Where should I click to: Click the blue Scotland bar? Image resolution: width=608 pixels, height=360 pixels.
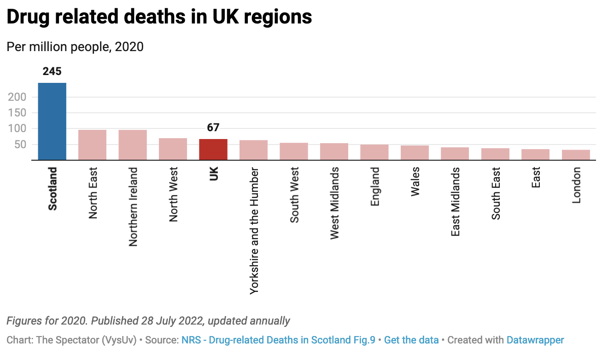point(52,122)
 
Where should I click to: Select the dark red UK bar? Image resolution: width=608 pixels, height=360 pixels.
point(213,150)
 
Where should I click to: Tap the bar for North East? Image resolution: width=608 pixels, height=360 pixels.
point(92,145)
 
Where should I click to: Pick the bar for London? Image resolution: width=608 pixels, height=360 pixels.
point(576,155)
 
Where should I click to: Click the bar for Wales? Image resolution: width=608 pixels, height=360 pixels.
point(415,153)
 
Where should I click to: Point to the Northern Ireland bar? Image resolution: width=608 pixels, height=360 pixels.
point(133,145)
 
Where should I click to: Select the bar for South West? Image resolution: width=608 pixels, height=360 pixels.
point(294,151)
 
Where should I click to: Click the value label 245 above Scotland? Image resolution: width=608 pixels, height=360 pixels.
point(52,71)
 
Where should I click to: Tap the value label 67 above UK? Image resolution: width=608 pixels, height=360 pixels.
point(213,128)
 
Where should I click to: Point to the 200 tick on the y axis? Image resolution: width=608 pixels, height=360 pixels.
point(17,97)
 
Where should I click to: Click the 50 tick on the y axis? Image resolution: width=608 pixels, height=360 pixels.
point(21,145)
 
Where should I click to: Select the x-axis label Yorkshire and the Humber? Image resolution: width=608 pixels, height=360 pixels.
point(254,231)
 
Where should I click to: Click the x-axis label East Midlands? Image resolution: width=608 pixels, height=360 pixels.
point(456,202)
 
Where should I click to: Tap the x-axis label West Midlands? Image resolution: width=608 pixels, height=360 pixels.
point(334,203)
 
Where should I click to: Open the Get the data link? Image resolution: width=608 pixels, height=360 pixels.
point(411,340)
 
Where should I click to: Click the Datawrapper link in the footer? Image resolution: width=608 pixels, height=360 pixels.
point(535,340)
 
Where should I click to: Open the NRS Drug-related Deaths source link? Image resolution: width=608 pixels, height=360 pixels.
point(278,340)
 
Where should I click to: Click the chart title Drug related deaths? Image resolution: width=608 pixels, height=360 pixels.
point(159,17)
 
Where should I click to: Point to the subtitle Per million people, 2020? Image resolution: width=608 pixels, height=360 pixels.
point(75,46)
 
